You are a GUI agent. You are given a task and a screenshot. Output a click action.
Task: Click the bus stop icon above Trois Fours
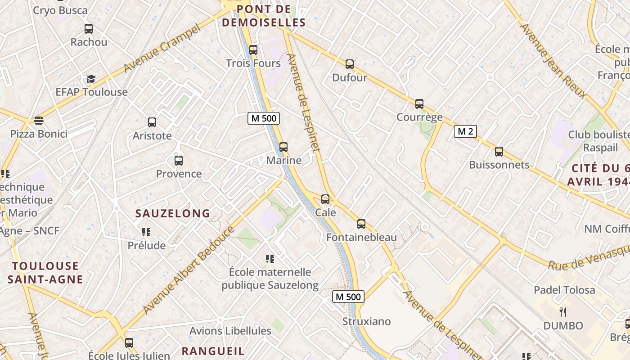click(253, 50)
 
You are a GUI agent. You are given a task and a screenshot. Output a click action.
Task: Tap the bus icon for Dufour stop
click(350, 64)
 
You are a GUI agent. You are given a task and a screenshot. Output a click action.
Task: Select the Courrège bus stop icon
click(419, 104)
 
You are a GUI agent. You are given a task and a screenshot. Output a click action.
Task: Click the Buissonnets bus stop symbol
click(499, 152)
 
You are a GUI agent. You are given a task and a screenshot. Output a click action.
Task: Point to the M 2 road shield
click(465, 131)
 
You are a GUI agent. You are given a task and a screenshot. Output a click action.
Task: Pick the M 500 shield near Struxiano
click(348, 297)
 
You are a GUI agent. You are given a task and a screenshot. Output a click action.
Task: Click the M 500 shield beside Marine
click(264, 118)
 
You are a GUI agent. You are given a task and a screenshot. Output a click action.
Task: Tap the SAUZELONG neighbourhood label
click(173, 213)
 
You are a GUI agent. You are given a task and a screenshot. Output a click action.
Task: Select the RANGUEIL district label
click(213, 351)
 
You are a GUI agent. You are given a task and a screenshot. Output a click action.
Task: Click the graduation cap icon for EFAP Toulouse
click(91, 79)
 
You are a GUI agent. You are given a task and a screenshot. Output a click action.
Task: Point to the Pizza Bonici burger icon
click(39, 121)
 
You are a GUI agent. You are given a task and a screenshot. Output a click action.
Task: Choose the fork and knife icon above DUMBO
click(562, 312)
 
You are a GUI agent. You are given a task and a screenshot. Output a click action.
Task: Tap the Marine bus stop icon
click(283, 147)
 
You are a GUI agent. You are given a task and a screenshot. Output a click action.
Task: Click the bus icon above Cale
click(325, 199)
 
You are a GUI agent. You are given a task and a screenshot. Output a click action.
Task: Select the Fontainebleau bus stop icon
click(361, 224)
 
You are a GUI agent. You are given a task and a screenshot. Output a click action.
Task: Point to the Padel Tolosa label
click(564, 290)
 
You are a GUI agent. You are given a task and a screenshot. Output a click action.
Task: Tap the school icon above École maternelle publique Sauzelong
click(270, 258)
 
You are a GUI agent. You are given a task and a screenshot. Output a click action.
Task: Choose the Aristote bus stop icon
click(152, 122)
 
